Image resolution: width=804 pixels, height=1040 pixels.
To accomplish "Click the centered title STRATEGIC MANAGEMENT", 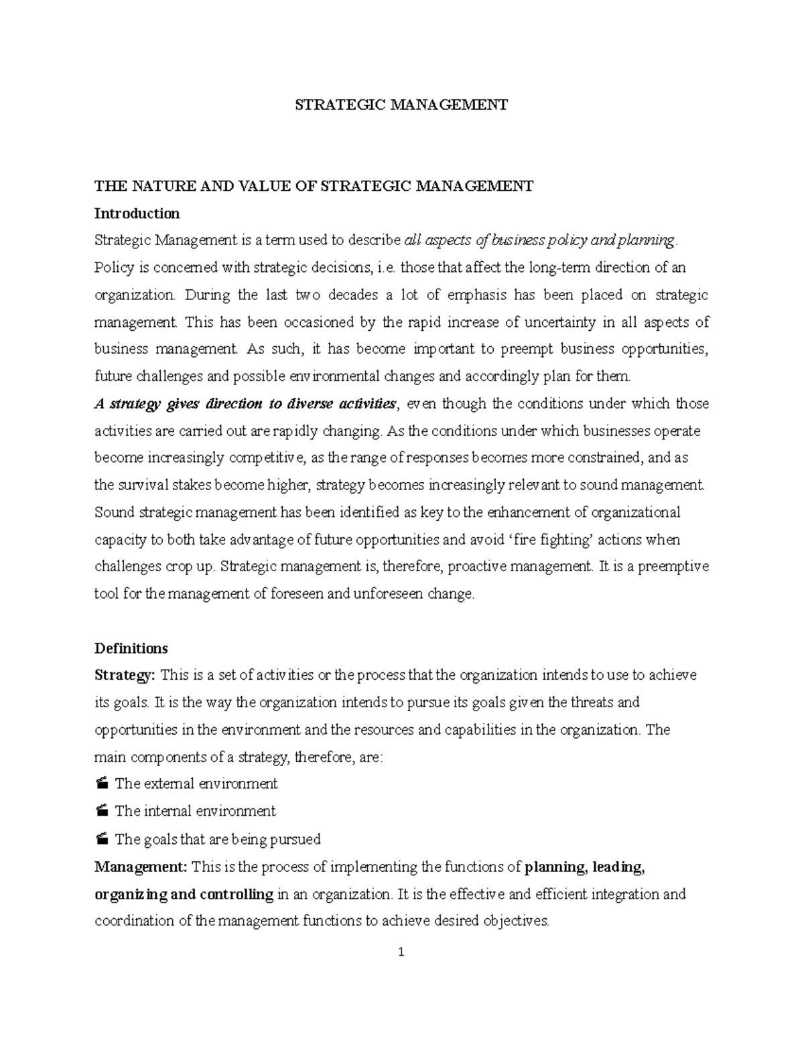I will click(x=402, y=104).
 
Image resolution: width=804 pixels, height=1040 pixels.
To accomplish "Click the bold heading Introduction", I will click(x=137, y=214).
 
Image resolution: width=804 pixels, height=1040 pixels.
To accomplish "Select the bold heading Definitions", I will click(x=131, y=648).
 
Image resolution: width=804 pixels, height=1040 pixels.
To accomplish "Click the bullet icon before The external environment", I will click(x=101, y=784).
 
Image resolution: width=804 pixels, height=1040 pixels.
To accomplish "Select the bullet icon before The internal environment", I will click(x=101, y=811).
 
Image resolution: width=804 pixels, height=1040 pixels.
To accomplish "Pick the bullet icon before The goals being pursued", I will click(x=101, y=838).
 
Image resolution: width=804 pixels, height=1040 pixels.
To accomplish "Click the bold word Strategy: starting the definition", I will click(x=125, y=675).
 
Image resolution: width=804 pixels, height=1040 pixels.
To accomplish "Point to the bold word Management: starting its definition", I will click(x=141, y=867).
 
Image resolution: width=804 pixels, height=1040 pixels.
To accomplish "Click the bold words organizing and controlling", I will click(x=184, y=894).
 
